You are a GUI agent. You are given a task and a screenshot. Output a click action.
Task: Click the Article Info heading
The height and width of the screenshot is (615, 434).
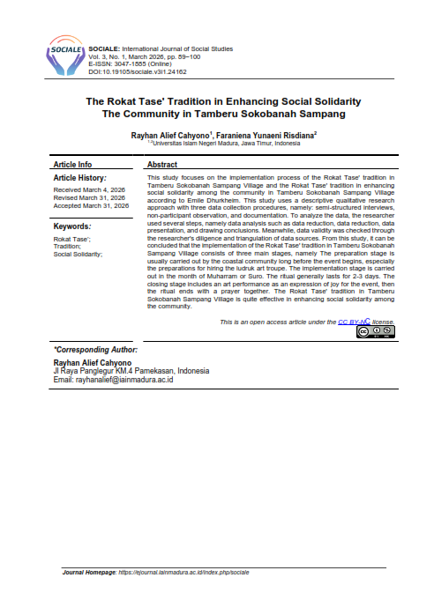click(72, 165)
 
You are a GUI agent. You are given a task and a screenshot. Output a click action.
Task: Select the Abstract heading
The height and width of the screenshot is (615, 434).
click(162, 165)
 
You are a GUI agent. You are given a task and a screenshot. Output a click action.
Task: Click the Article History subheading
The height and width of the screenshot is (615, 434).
click(80, 178)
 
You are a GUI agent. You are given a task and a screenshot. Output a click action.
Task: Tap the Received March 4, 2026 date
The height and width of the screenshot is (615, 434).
click(88, 189)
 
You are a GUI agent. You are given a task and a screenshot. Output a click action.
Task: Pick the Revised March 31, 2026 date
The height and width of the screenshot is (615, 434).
click(89, 197)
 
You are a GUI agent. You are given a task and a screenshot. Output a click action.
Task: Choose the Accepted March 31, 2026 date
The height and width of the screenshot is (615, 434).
click(91, 205)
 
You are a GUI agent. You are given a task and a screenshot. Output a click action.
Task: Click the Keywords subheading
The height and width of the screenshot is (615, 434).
click(72, 226)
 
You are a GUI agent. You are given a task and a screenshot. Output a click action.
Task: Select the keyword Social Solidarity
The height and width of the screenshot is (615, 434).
click(78, 254)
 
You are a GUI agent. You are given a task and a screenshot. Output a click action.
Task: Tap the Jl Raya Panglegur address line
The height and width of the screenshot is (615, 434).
click(131, 371)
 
